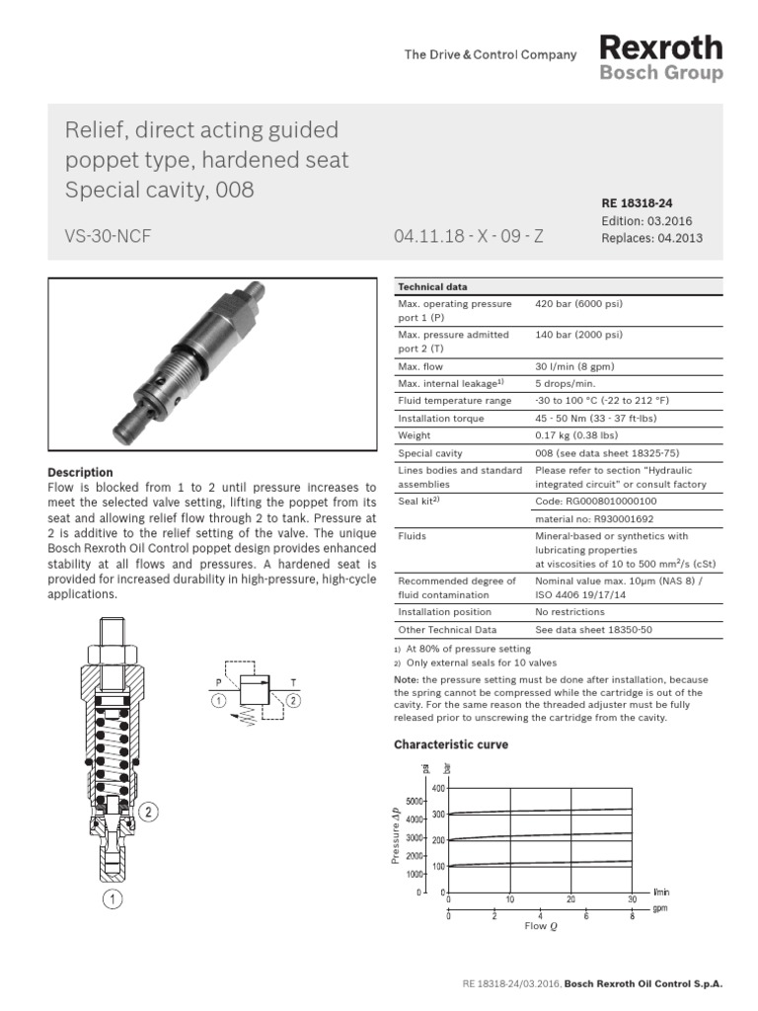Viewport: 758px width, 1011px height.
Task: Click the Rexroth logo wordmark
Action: [660, 47]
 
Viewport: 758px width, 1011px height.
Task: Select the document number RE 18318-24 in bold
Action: [636, 202]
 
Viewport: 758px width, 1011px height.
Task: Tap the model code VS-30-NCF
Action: [108, 237]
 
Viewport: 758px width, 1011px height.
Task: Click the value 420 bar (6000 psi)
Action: [578, 304]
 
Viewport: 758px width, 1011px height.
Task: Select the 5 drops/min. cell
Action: [566, 383]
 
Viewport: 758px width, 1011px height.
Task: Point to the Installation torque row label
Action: [440, 418]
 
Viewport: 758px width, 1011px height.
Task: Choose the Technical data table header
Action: [432, 286]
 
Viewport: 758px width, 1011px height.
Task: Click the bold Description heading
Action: [80, 473]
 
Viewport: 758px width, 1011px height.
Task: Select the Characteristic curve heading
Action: [451, 744]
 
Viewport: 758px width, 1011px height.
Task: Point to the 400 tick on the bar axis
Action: [439, 788]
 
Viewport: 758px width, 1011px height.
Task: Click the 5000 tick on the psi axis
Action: [415, 801]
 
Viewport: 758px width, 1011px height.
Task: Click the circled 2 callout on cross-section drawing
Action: [147, 813]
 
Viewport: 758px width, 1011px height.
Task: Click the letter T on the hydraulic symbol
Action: [292, 681]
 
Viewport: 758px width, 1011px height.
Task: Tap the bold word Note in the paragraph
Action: [406, 679]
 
